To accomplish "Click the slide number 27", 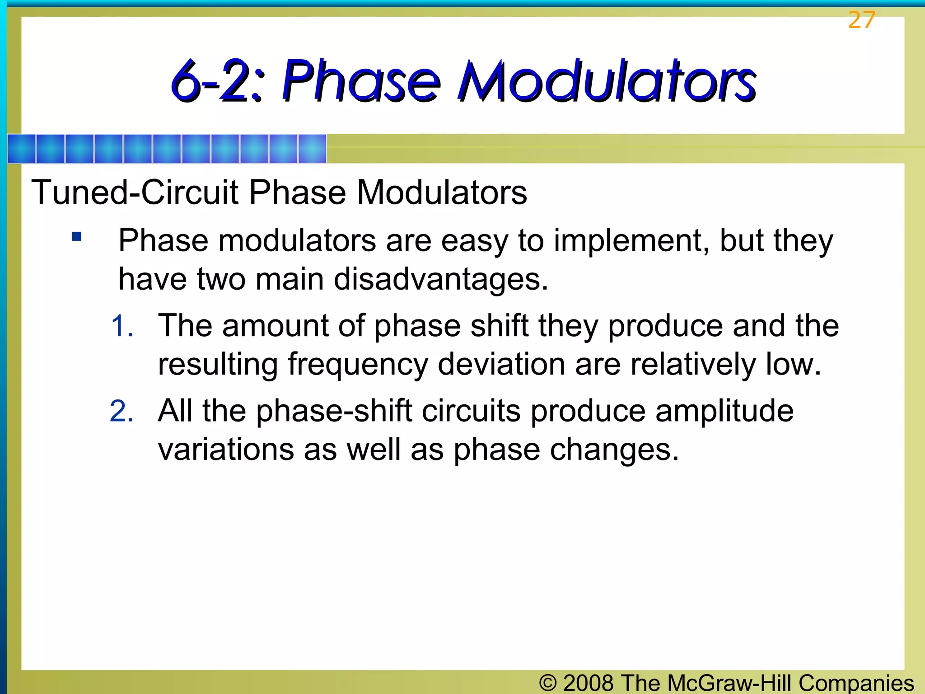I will (x=861, y=20).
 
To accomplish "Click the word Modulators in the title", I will (x=606, y=81).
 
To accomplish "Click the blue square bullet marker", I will (x=77, y=236).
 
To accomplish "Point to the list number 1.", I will (x=122, y=326).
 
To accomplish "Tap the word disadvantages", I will (x=441, y=279).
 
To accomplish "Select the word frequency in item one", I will (x=358, y=365).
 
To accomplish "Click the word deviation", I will (x=501, y=364).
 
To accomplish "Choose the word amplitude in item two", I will (x=724, y=411).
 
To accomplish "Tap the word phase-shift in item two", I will (x=334, y=411).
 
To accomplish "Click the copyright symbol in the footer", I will (x=548, y=683).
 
